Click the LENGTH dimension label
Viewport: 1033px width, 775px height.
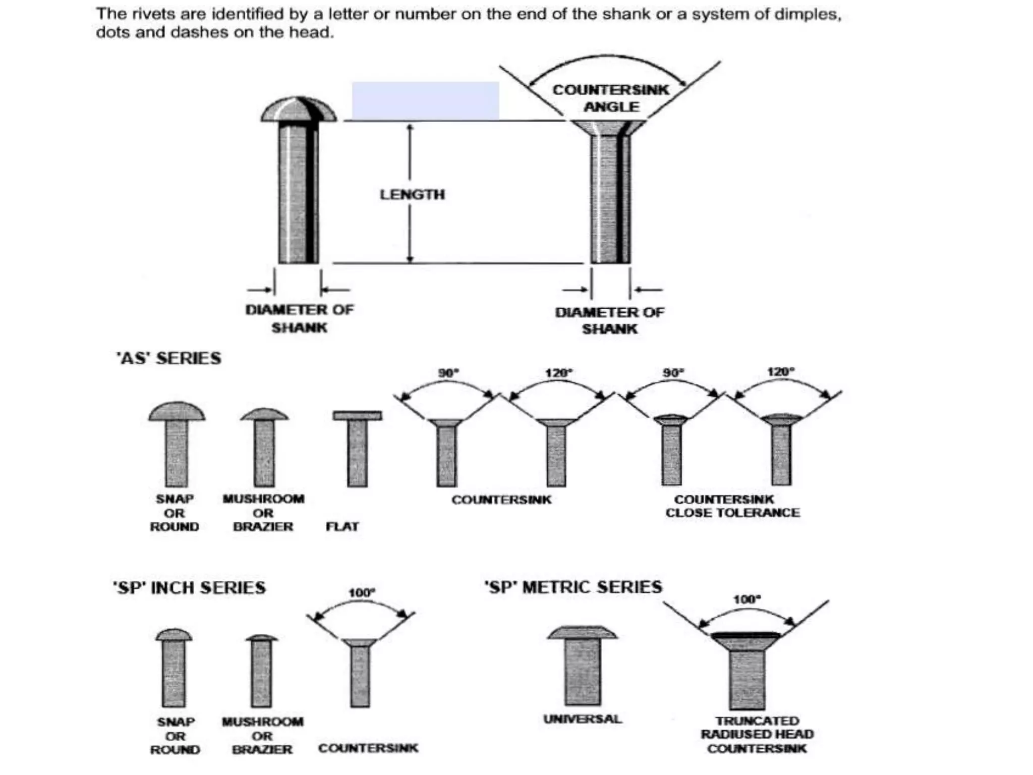click(x=412, y=194)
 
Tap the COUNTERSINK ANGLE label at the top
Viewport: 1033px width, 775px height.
click(x=611, y=98)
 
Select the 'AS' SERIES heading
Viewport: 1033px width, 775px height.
click(x=168, y=358)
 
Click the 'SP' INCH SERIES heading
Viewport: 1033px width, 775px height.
click(x=189, y=588)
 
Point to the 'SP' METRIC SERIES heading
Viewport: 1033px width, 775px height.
click(x=573, y=587)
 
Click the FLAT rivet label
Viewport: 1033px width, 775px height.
click(x=342, y=527)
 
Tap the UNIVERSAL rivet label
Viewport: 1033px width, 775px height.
click(x=583, y=718)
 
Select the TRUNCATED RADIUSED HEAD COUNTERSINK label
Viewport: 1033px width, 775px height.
click(x=757, y=735)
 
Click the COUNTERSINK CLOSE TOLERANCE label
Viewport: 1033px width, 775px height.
click(x=732, y=506)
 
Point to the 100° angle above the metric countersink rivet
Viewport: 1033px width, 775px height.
click(x=747, y=599)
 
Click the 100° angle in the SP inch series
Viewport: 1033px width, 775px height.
click(x=362, y=592)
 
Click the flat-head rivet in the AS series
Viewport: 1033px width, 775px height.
click(x=357, y=448)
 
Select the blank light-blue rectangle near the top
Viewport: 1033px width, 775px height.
click(x=425, y=101)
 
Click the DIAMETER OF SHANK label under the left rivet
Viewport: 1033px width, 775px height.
click(x=300, y=318)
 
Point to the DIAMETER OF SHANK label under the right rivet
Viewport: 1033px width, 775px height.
click(x=610, y=320)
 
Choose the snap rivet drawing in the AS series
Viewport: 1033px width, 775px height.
click(x=177, y=444)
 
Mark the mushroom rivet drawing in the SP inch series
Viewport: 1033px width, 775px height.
click(x=261, y=671)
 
